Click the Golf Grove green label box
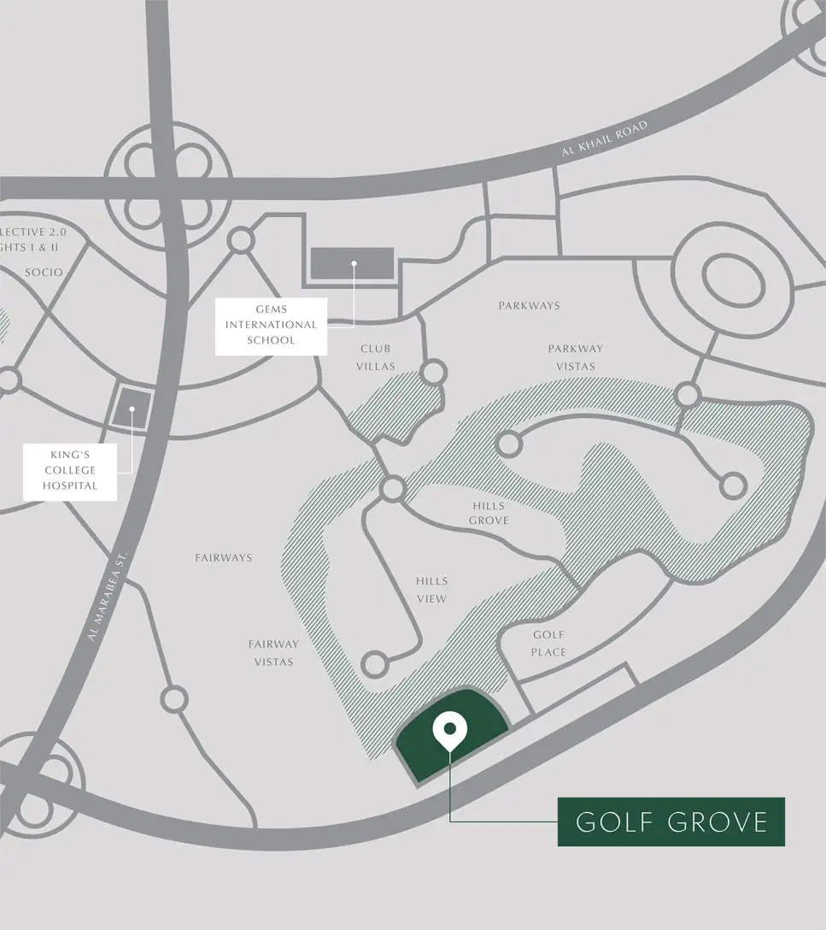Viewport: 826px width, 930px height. [671, 821]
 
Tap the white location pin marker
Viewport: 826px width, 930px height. [448, 731]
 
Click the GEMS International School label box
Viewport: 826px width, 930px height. [271, 325]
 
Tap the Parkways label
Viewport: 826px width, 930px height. [530, 305]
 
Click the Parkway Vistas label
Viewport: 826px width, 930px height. [576, 357]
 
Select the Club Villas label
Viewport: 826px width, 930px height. [375, 357]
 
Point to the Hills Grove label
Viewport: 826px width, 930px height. [489, 513]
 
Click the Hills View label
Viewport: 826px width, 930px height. [431, 590]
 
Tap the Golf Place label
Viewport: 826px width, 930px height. [548, 643]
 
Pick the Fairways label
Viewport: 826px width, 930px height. [224, 557]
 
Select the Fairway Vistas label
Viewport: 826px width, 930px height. [273, 653]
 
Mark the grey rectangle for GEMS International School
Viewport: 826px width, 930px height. [352, 263]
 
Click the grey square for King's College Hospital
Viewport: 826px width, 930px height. [132, 409]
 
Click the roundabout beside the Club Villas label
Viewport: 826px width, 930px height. [434, 372]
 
